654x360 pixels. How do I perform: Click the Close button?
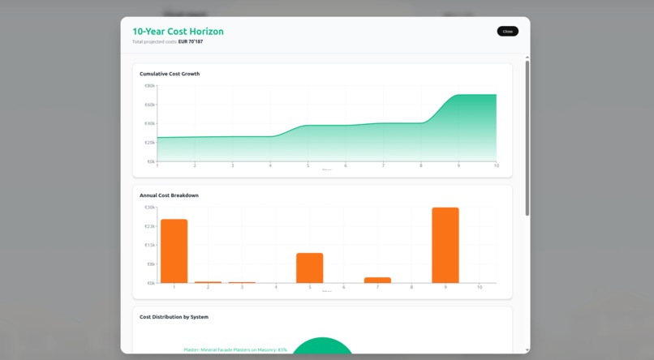[507, 32]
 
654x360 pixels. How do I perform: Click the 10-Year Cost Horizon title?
[178, 32]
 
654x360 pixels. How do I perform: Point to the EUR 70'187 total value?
[191, 41]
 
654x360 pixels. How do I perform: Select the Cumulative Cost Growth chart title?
[170, 74]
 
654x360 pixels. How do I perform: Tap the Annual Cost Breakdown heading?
[169, 195]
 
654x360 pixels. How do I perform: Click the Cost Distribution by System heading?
[174, 317]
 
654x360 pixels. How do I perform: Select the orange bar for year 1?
[174, 251]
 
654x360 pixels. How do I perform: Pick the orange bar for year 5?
[309, 268]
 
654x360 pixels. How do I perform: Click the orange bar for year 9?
[445, 245]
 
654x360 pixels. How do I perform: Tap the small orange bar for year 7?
[377, 280]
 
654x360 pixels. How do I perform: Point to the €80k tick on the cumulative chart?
[150, 86]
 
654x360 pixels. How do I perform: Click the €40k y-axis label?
[150, 123]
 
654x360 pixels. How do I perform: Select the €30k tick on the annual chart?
[150, 208]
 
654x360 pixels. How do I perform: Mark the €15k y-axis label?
[150, 245]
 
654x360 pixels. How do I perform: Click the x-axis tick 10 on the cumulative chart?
[496, 165]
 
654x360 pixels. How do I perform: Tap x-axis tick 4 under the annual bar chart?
[276, 287]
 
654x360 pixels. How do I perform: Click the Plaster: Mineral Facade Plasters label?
[235, 350]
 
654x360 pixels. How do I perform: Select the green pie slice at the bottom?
[323, 347]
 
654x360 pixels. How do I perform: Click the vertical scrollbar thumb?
[527, 138]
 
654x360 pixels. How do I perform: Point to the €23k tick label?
[150, 226]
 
